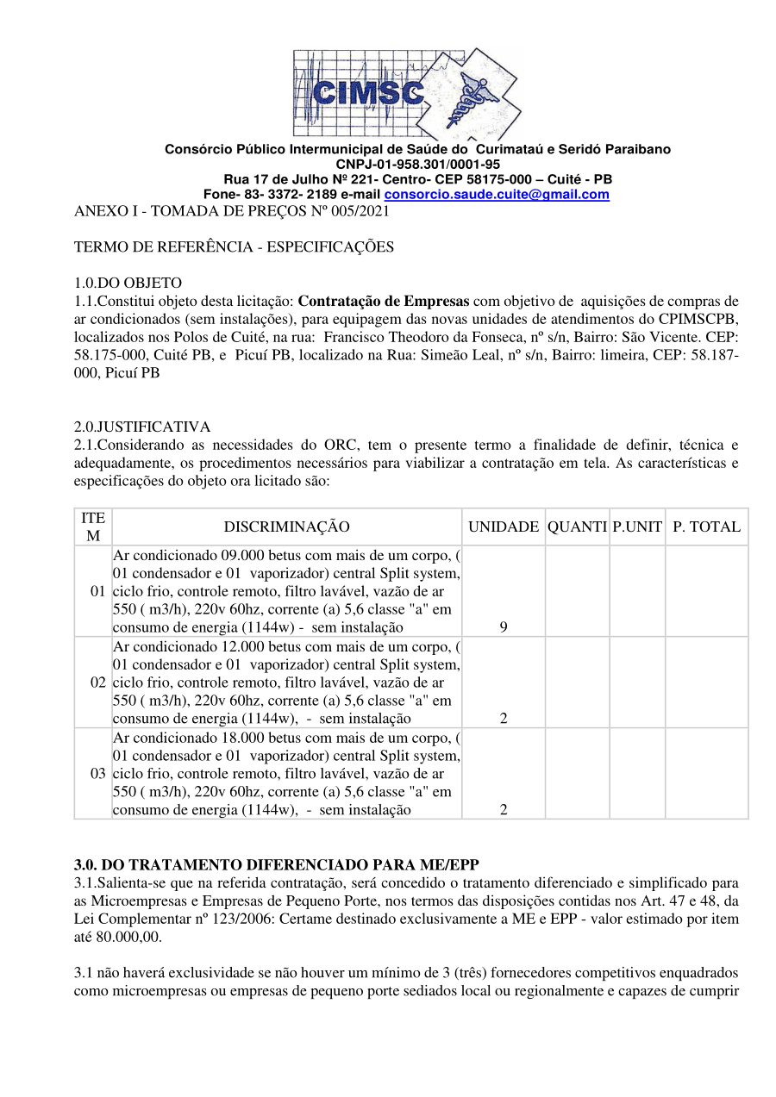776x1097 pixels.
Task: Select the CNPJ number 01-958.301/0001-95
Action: (418, 164)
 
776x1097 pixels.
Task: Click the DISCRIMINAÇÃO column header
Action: (287, 527)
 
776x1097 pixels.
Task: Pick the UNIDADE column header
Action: (504, 527)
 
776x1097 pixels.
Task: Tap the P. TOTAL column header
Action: (706, 527)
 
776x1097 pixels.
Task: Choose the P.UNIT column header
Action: (637, 527)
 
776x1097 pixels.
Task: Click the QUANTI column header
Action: (577, 527)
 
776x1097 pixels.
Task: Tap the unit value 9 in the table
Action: (504, 628)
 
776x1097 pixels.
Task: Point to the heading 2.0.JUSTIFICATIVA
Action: (142, 427)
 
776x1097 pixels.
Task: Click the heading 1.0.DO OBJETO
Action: (128, 283)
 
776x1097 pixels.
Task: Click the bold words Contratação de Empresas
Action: (384, 301)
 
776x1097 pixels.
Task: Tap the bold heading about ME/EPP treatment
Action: (276, 864)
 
